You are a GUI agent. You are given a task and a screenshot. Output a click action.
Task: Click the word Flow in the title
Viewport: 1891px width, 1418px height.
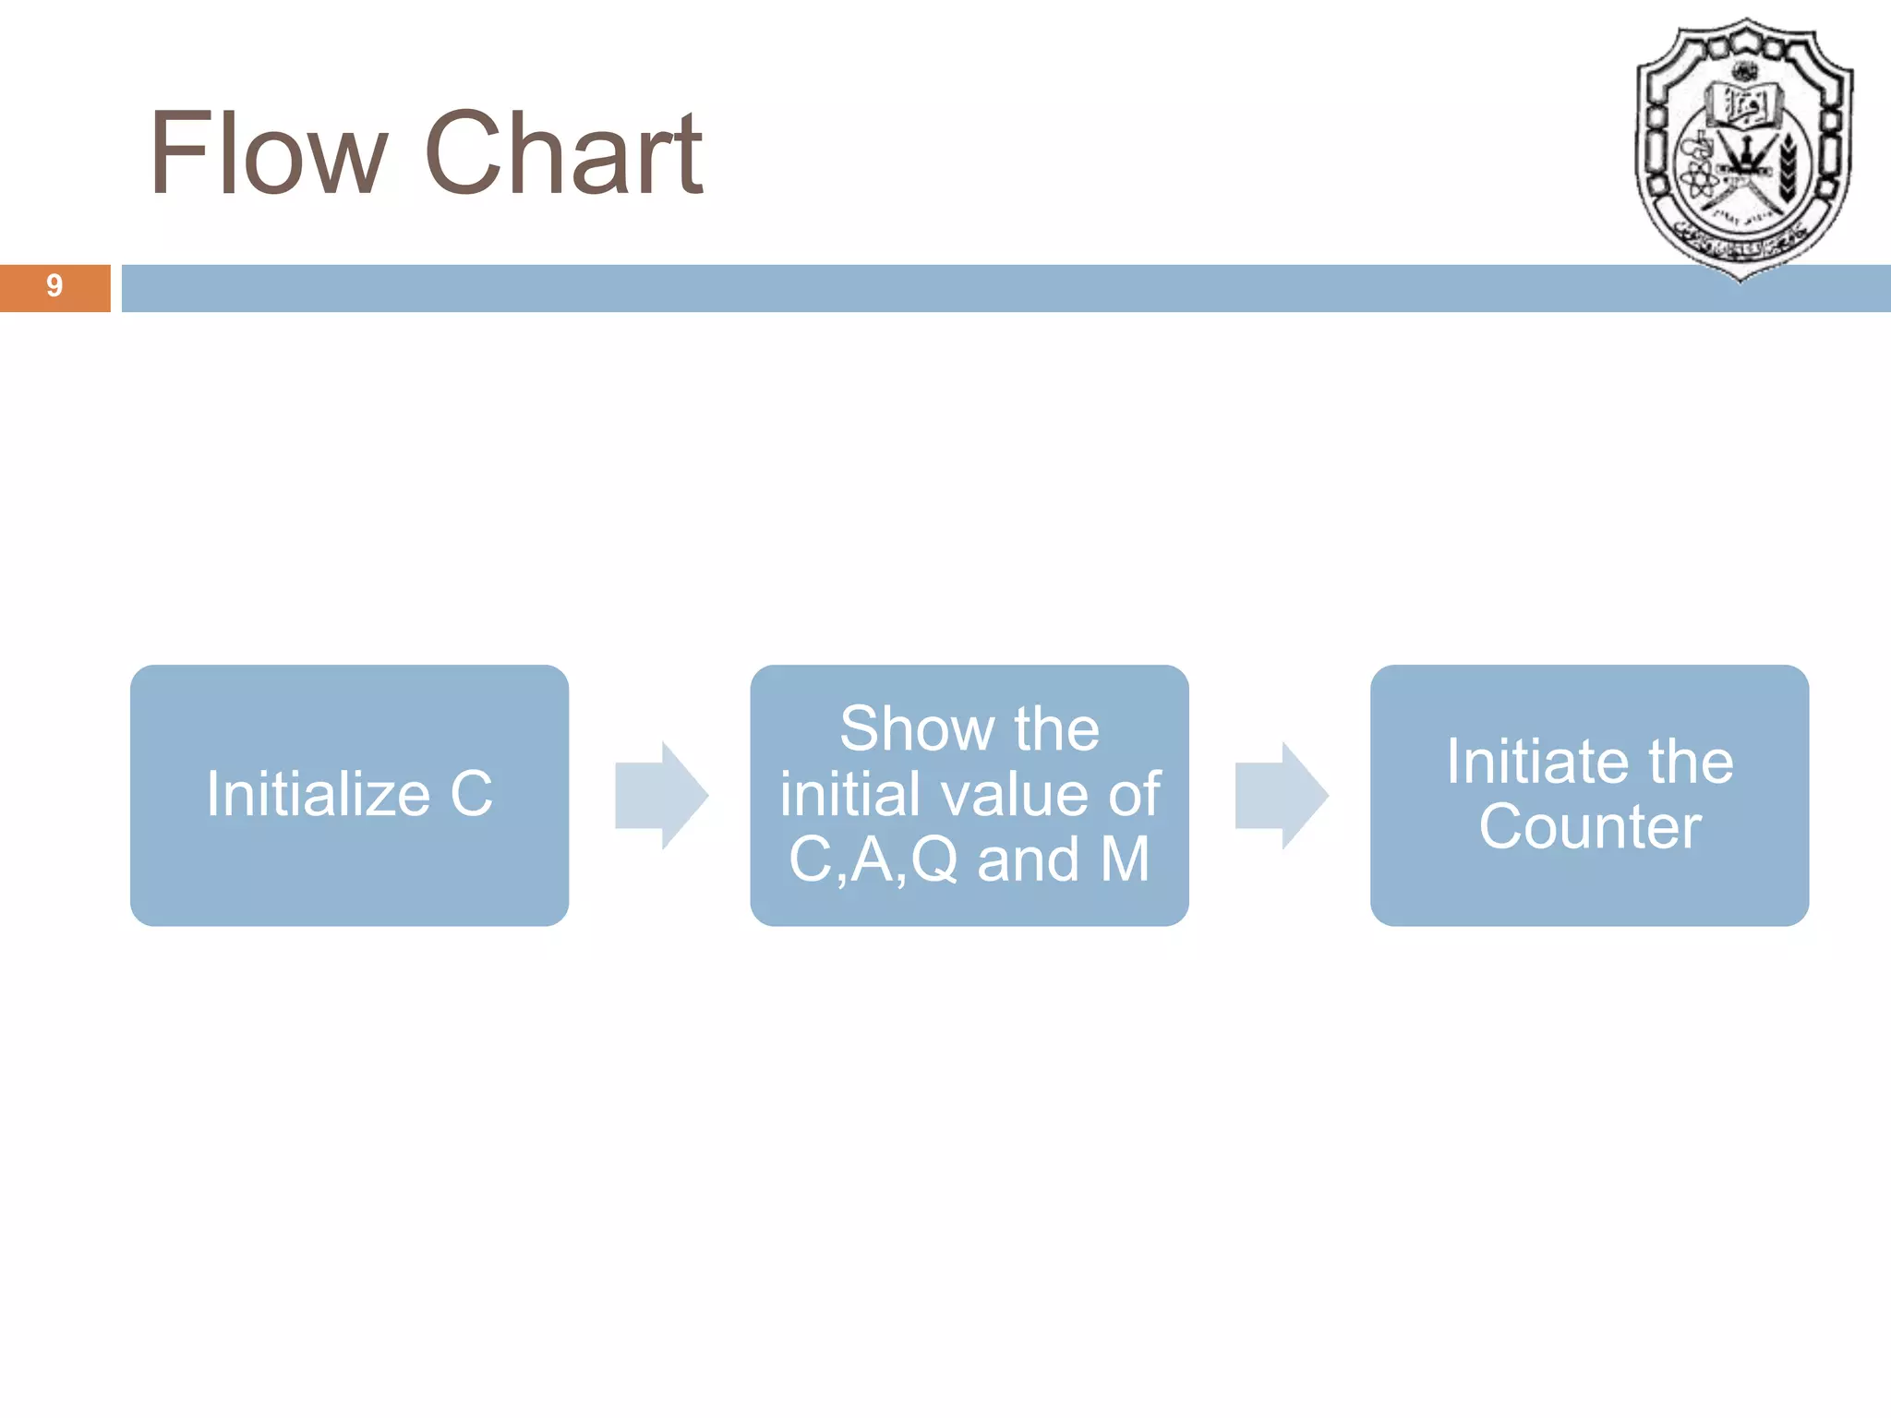(268, 153)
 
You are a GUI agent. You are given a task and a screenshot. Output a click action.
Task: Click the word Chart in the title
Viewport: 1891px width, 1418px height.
(564, 153)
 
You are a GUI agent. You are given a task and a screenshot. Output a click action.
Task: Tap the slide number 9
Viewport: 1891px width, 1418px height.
(54, 286)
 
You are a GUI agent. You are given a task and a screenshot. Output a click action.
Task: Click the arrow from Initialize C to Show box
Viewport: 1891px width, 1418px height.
(661, 795)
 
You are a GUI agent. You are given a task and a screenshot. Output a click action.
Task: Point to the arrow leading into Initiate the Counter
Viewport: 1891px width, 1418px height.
(1282, 795)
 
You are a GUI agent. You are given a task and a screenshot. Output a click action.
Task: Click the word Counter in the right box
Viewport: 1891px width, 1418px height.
(1589, 826)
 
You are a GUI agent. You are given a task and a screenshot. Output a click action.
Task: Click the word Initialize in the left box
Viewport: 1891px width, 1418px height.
(318, 794)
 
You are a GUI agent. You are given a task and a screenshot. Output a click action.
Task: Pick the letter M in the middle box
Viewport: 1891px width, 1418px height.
(1125, 859)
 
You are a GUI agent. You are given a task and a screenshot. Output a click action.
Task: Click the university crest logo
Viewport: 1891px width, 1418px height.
(1743, 148)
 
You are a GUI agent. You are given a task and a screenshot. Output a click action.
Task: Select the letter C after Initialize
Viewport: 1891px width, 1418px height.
(472, 794)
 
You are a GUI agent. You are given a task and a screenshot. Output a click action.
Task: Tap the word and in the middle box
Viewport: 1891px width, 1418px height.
(1028, 859)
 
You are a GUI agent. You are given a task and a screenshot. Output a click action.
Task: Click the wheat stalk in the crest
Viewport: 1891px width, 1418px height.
(1788, 166)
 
